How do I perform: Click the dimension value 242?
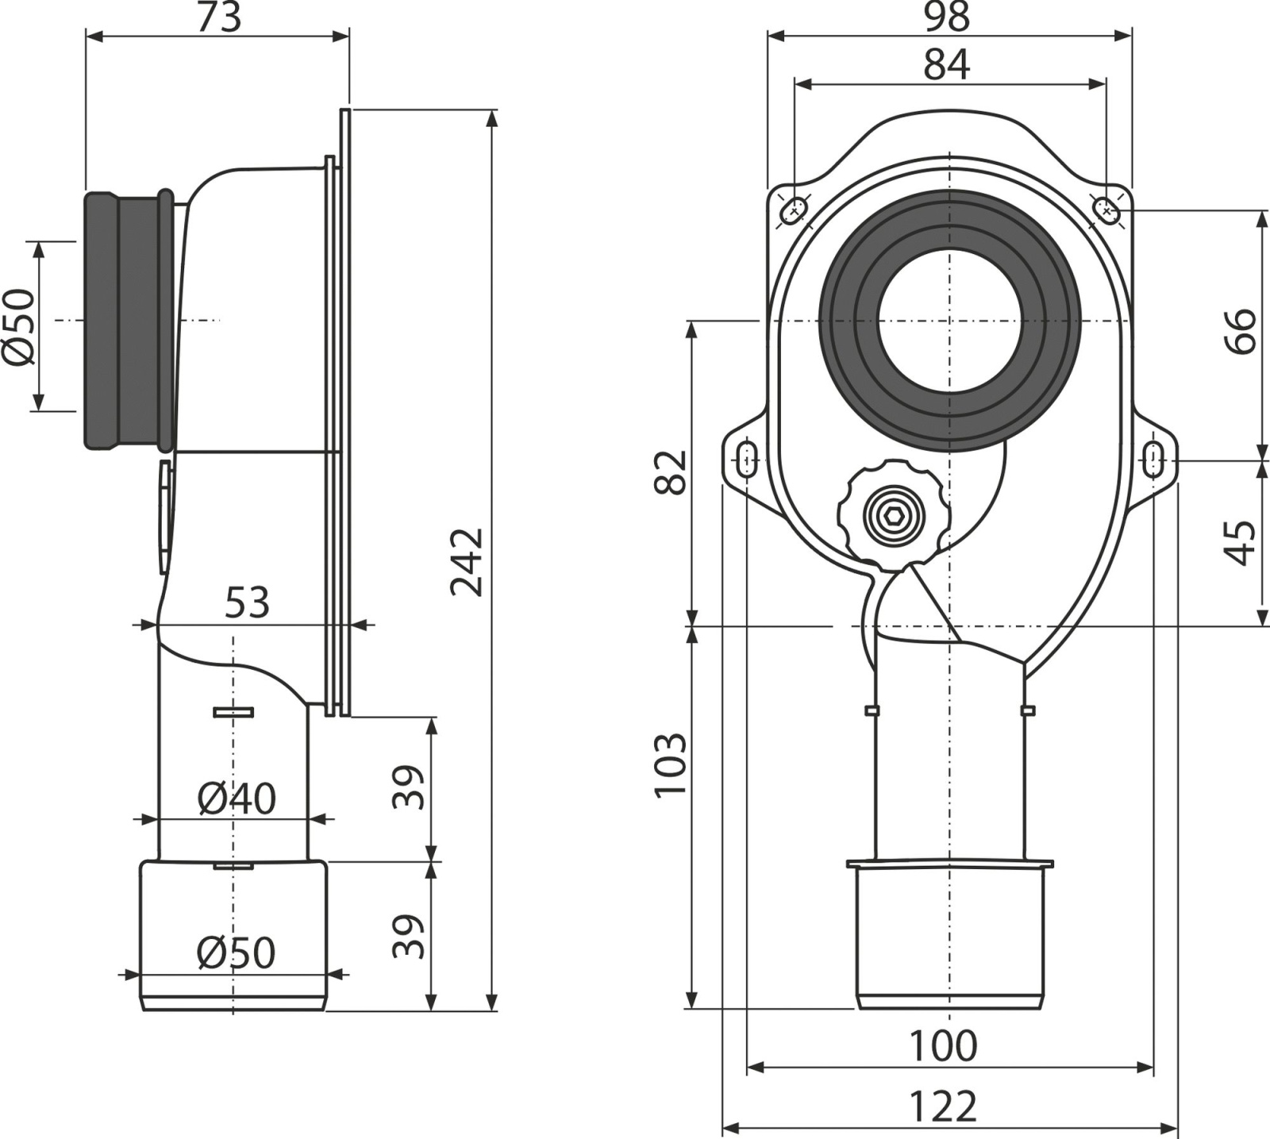point(467,561)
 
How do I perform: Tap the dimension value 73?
point(218,17)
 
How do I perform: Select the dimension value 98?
point(947,17)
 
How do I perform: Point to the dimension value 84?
point(947,64)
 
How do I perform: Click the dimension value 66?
point(1241,330)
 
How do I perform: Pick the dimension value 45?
point(1241,543)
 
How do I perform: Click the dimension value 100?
point(943,1046)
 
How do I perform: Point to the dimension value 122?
point(943,1106)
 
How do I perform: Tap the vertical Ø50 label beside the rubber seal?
point(20,326)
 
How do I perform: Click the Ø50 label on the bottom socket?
point(237,952)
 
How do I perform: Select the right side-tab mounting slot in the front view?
point(1155,460)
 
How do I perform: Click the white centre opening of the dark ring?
point(949,321)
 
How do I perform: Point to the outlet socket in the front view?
point(949,934)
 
